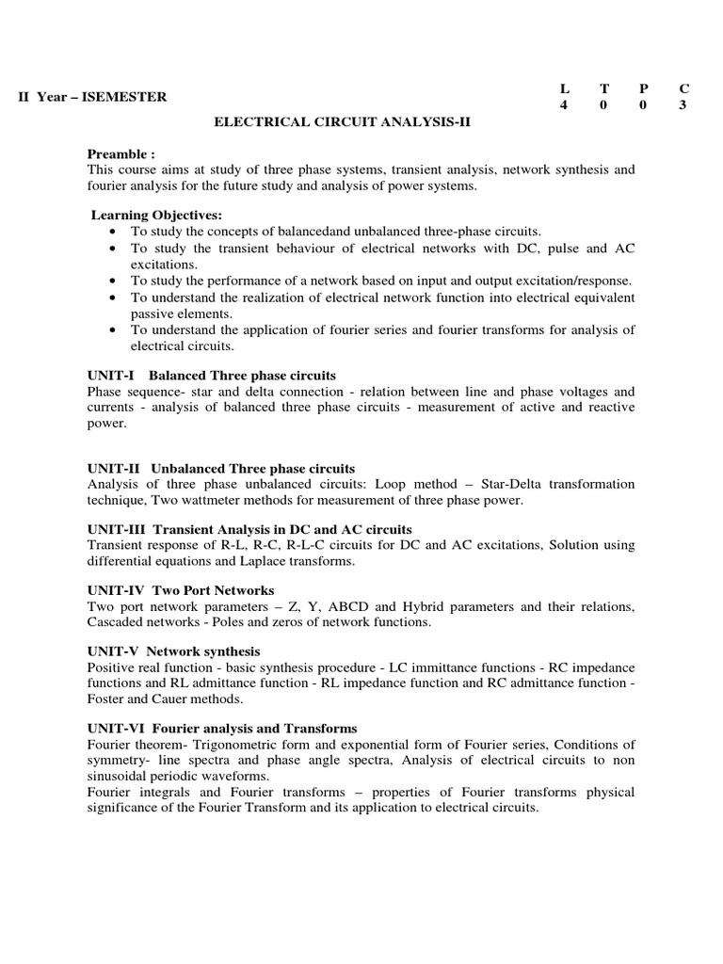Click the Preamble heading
[120, 153]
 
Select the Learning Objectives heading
[156, 216]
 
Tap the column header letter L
[564, 88]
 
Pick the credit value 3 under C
[683, 105]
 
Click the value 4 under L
[564, 105]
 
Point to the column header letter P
[643, 88]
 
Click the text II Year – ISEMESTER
[93, 97]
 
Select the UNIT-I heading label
[111, 376]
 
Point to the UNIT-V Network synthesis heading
[174, 651]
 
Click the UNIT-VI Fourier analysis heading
[222, 729]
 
